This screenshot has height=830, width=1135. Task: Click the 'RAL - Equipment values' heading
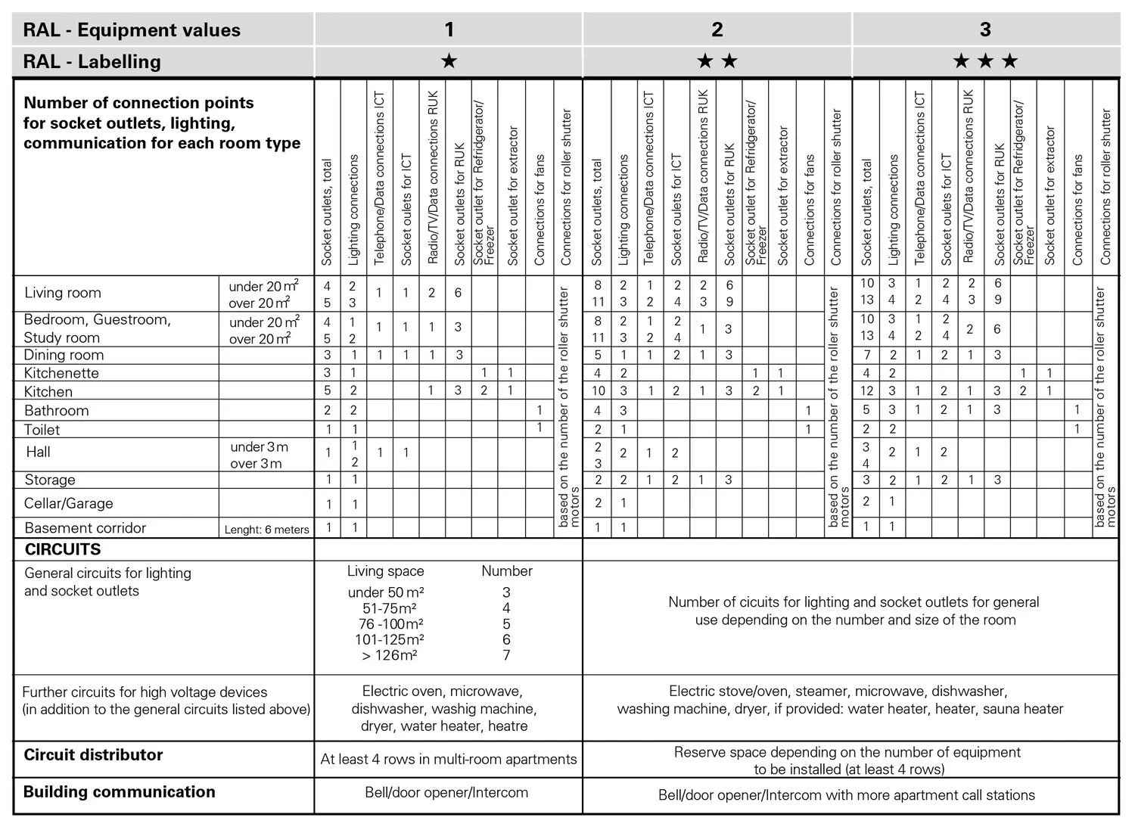[x=132, y=30]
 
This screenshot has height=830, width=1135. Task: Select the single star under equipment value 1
[x=449, y=61]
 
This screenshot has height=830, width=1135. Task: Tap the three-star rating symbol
[x=985, y=61]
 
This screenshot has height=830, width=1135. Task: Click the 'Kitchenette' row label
[x=61, y=373]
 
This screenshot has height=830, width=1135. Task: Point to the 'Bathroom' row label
[x=57, y=411]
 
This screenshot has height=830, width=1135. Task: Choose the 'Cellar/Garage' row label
[x=68, y=503]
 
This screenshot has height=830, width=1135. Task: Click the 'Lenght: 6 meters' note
[x=266, y=530]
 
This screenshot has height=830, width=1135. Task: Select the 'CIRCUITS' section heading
[x=63, y=549]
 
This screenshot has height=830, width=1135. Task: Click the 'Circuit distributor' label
[x=93, y=755]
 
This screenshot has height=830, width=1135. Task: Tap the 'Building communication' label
[x=119, y=792]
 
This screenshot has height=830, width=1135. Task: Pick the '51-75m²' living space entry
[x=390, y=608]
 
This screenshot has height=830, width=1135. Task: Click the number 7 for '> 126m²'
[x=506, y=655]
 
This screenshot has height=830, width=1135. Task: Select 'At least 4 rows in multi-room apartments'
[x=448, y=759]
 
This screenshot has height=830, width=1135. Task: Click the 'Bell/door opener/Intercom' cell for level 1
[x=446, y=793]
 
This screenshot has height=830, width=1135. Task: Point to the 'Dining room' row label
[x=64, y=356]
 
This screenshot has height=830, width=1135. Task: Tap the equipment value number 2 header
[x=717, y=30]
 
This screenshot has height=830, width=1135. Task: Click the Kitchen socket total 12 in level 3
[x=866, y=391]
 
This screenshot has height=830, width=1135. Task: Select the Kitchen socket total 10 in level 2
[x=598, y=391]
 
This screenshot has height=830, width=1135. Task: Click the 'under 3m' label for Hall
[x=259, y=446]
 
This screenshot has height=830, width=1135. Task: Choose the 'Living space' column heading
[x=385, y=571]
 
